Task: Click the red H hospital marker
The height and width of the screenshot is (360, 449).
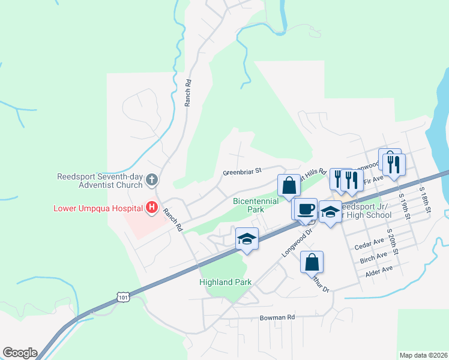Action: pos(152,208)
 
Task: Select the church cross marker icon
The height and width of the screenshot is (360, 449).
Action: pos(152,179)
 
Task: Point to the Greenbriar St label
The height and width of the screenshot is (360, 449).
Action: pos(242,172)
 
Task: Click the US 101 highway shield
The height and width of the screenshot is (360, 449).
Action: pos(123,297)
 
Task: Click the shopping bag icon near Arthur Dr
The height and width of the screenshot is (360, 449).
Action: pos(312,262)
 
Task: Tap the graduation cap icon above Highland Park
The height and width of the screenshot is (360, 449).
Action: pos(247,239)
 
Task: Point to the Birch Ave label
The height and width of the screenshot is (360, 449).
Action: pos(373,258)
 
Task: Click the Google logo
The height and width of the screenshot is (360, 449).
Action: pos(20,353)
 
